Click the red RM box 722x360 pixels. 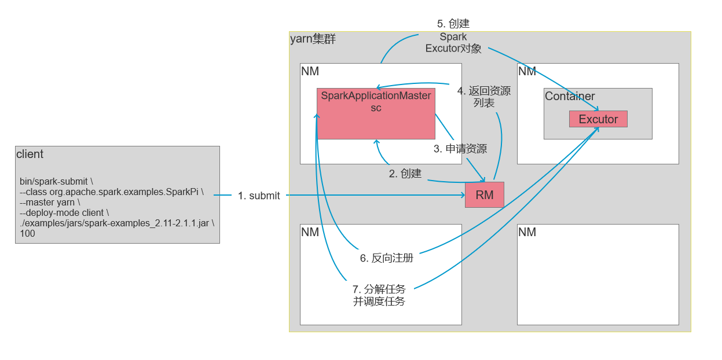pos(484,195)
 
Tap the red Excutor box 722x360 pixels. pos(598,119)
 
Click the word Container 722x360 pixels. pos(570,97)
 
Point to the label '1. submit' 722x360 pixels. pos(259,196)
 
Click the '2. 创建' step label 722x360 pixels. pos(405,173)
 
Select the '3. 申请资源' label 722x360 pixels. pos(460,149)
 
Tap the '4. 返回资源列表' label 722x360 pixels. pos(483,97)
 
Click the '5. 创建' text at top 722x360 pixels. pos(453,24)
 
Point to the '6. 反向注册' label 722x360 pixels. pos(386,258)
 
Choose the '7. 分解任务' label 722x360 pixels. pos(379,289)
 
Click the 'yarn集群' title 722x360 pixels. pos(313,39)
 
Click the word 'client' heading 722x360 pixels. pos(30,155)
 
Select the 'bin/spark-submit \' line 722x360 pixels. pos(56,181)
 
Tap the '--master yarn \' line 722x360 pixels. pos(50,203)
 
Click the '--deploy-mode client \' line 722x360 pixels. pos(64,213)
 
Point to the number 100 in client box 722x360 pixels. pos(27,234)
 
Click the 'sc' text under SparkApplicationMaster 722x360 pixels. pos(376,108)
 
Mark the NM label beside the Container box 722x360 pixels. pos(527,71)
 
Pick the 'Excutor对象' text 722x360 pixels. pos(453,49)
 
